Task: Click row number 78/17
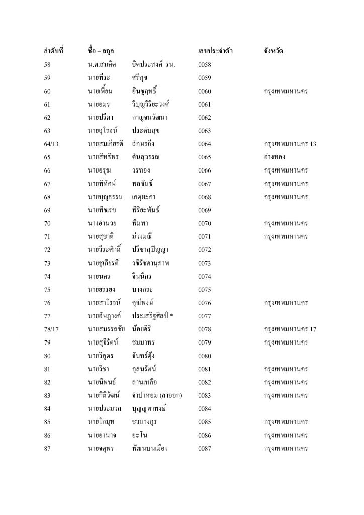53,329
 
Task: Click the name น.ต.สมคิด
104,65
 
